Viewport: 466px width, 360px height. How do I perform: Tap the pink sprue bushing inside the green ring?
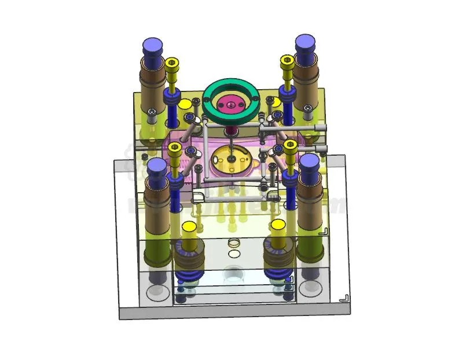click(x=230, y=105)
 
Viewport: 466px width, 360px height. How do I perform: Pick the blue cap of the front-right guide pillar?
click(x=310, y=163)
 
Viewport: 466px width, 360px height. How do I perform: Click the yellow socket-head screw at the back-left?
click(x=172, y=64)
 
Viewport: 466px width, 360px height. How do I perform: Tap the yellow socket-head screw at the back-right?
click(x=286, y=61)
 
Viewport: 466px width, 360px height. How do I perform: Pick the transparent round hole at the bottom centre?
click(x=233, y=273)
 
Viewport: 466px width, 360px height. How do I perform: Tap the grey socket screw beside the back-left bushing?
click(x=152, y=112)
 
